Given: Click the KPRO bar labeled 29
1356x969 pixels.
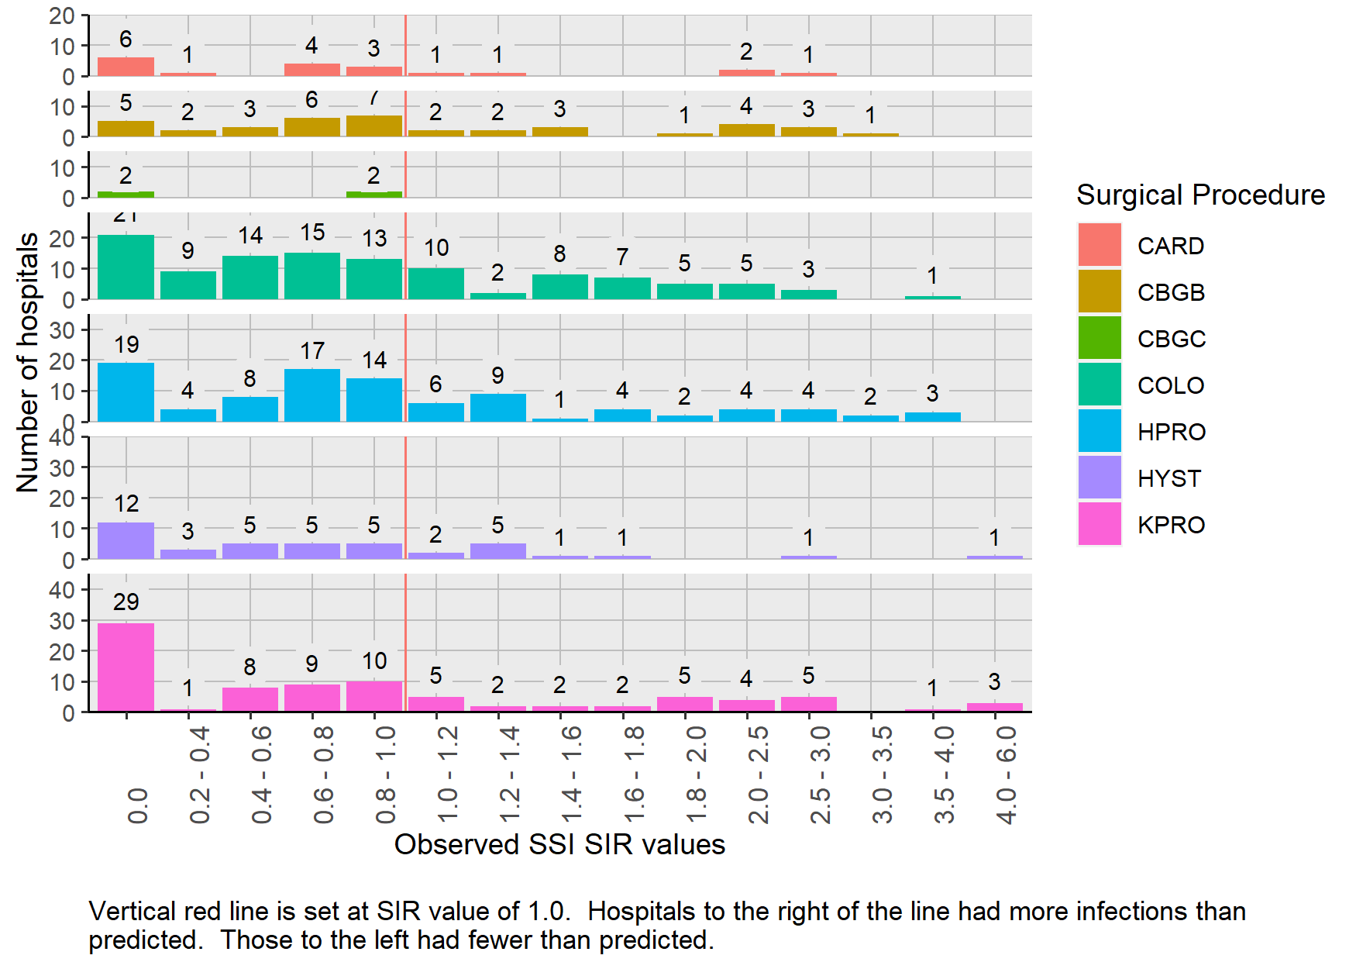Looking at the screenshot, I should coord(126,667).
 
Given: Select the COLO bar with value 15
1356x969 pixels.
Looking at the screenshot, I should coord(311,276).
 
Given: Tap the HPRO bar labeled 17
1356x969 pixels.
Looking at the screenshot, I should coord(311,395).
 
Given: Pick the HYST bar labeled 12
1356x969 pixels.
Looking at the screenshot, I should coord(126,540).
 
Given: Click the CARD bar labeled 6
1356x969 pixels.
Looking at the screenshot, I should coord(126,67).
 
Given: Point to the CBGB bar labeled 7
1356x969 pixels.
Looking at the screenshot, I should coord(374,126).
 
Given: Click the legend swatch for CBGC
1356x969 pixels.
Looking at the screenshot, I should coord(1100,338).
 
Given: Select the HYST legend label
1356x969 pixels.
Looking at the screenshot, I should coord(1168,478).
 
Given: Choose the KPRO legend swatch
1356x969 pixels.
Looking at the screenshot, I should coord(1100,524).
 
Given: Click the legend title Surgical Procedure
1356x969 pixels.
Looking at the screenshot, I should coord(1200,195).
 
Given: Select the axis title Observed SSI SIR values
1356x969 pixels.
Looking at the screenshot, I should coord(559,844).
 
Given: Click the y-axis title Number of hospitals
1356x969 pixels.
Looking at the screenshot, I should coord(28,362).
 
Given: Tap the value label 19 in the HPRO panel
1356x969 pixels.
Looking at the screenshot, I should coord(126,344).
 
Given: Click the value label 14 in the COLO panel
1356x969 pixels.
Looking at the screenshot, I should coord(250,236).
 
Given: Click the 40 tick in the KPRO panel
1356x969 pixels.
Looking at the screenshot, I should coord(62,590).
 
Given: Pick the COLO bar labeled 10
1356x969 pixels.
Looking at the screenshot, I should coord(436,284).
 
